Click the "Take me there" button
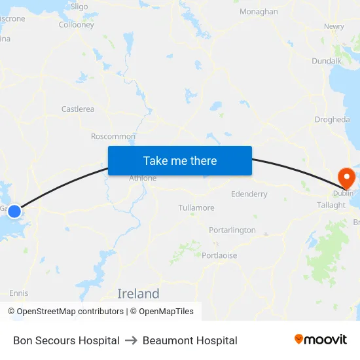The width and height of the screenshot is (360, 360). coord(180,160)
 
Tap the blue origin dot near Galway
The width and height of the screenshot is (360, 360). coord(14,211)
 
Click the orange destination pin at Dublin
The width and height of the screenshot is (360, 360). coord(344,177)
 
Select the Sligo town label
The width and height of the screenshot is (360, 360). coord(79,7)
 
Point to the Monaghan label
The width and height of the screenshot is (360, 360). coord(259,12)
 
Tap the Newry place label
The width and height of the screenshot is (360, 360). coord(334,27)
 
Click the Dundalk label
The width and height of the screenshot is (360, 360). coord(327,61)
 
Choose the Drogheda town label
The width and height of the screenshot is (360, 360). coord(332,120)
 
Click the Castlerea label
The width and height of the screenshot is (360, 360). coord(78,109)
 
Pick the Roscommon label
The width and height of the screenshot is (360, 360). coord(113,137)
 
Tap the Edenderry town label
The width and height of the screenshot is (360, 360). coord(249,194)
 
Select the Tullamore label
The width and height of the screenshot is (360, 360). coord(196,208)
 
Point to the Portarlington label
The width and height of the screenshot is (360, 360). coord(232,230)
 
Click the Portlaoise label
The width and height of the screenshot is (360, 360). coord(219,255)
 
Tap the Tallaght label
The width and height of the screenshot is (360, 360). coord(331,205)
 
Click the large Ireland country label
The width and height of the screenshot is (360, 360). coord(138,293)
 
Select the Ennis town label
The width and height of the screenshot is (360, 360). coord(19,293)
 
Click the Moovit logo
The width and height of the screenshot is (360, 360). coord(320,340)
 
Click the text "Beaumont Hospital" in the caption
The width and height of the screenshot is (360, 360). coord(190,340)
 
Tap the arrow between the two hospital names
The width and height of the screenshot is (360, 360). coord(131,340)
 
